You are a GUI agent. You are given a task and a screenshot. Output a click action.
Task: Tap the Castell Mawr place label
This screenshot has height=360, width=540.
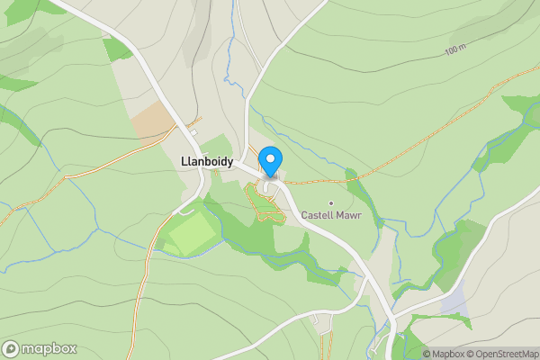click(x=331, y=215)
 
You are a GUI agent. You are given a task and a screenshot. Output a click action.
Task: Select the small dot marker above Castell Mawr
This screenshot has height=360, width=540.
click(x=331, y=202)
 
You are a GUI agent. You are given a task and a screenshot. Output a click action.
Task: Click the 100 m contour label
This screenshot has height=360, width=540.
click(x=457, y=50)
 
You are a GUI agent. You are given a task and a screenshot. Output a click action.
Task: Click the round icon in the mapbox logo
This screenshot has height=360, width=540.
click(x=11, y=348)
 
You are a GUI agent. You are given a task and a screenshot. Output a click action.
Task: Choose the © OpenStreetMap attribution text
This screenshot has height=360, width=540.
click(x=502, y=354)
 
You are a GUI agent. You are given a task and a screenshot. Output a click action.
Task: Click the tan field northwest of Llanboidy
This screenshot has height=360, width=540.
click(x=152, y=121)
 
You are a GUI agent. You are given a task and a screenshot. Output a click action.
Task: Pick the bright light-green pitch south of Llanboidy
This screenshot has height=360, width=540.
click(x=191, y=235)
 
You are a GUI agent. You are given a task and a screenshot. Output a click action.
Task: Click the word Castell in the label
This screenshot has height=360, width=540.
click(x=316, y=215)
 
